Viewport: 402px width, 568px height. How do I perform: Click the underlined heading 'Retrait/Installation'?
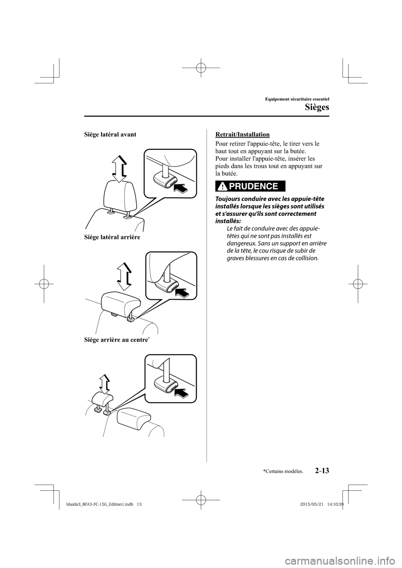242,135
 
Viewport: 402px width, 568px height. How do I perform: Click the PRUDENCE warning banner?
250,186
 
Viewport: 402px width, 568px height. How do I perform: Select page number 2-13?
320,471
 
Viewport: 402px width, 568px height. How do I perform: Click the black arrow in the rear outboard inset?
180,292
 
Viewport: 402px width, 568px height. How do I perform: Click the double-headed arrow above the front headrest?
120,169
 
